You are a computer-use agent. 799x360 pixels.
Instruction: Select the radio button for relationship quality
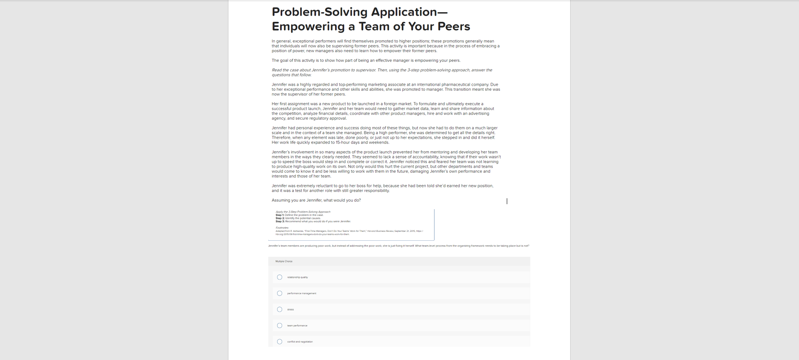[x=280, y=277]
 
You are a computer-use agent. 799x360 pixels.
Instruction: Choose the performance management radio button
[x=280, y=293]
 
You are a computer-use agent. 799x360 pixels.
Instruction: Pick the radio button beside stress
[x=280, y=310]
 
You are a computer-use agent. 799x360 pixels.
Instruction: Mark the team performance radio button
[x=280, y=326]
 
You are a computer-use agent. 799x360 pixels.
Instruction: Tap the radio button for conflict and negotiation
[x=280, y=342]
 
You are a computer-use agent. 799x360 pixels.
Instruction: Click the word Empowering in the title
[x=308, y=26]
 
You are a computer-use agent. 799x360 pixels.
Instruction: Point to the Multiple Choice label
[x=284, y=261]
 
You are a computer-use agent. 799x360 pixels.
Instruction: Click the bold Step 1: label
[x=280, y=215]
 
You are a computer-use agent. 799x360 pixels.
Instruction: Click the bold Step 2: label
[x=280, y=218]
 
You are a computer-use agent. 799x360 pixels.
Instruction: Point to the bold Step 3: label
[x=280, y=221]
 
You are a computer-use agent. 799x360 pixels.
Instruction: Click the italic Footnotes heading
[x=282, y=228]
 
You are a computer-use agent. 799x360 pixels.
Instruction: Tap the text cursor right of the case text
[x=507, y=201]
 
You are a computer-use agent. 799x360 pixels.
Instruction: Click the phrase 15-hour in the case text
[x=343, y=142]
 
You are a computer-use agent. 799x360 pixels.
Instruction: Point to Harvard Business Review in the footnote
[x=380, y=231]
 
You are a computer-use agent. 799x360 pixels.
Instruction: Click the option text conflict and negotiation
[x=300, y=342]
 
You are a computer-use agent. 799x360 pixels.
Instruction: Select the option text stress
[x=291, y=310]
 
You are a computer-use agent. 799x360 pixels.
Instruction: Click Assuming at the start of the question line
[x=280, y=200]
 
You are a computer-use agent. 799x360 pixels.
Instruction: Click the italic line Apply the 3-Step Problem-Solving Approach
[x=303, y=212]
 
